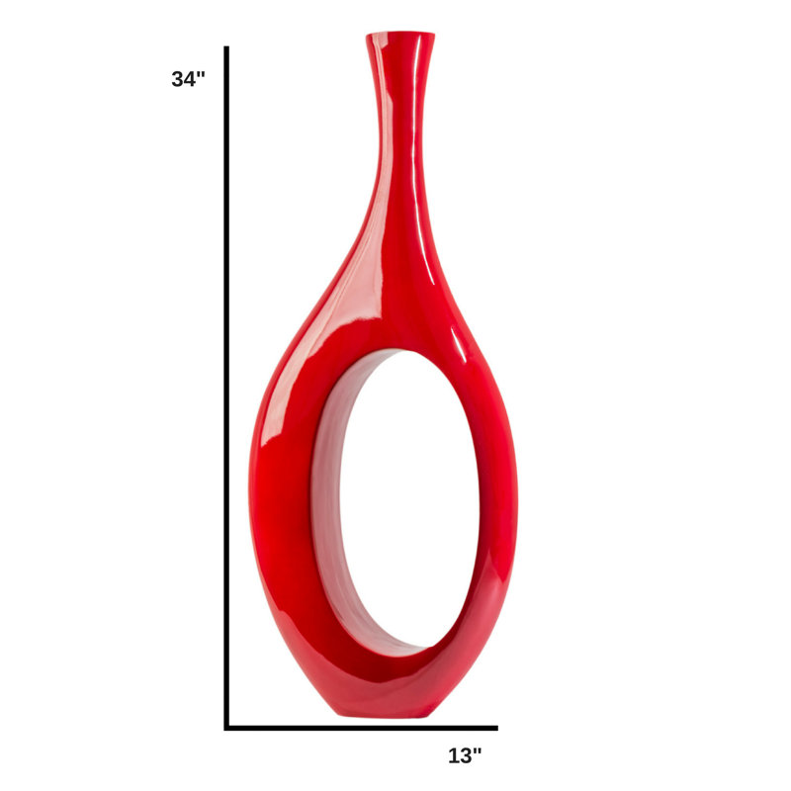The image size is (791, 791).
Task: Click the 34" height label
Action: (188, 79)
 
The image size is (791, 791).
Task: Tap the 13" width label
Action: (465, 755)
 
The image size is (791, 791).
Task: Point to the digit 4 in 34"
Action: (191, 79)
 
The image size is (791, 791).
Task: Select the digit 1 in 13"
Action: (454, 755)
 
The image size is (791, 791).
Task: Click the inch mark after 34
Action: (202, 74)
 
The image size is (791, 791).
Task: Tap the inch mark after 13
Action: (479, 750)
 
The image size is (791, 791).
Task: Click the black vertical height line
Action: (226, 388)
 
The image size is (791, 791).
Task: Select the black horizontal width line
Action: (361, 728)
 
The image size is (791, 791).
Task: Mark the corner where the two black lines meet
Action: (226, 728)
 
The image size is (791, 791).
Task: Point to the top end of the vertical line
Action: (226, 46)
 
